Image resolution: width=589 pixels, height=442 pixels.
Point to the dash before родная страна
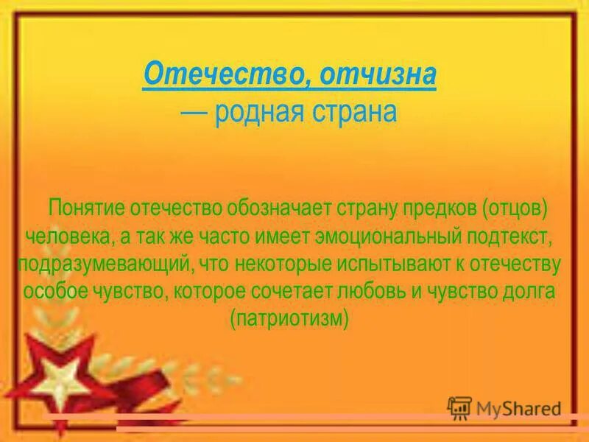click(x=196, y=113)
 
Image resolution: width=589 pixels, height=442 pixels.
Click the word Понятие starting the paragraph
click(x=86, y=208)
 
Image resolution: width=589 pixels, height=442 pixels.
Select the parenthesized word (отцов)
click(x=515, y=208)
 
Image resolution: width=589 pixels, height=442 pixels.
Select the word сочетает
click(x=325, y=291)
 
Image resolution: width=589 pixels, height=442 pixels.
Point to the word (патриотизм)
click(x=289, y=318)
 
